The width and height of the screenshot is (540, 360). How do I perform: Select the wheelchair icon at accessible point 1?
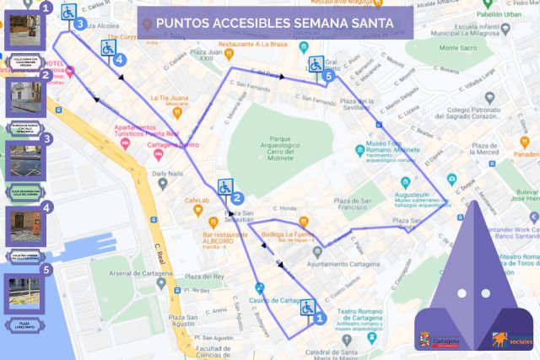coord(307,308)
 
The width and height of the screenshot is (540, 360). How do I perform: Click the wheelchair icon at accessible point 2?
coord(225,187)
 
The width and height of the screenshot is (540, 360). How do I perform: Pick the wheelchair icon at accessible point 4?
coord(109,48)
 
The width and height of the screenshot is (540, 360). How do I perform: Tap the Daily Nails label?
coord(171,174)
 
